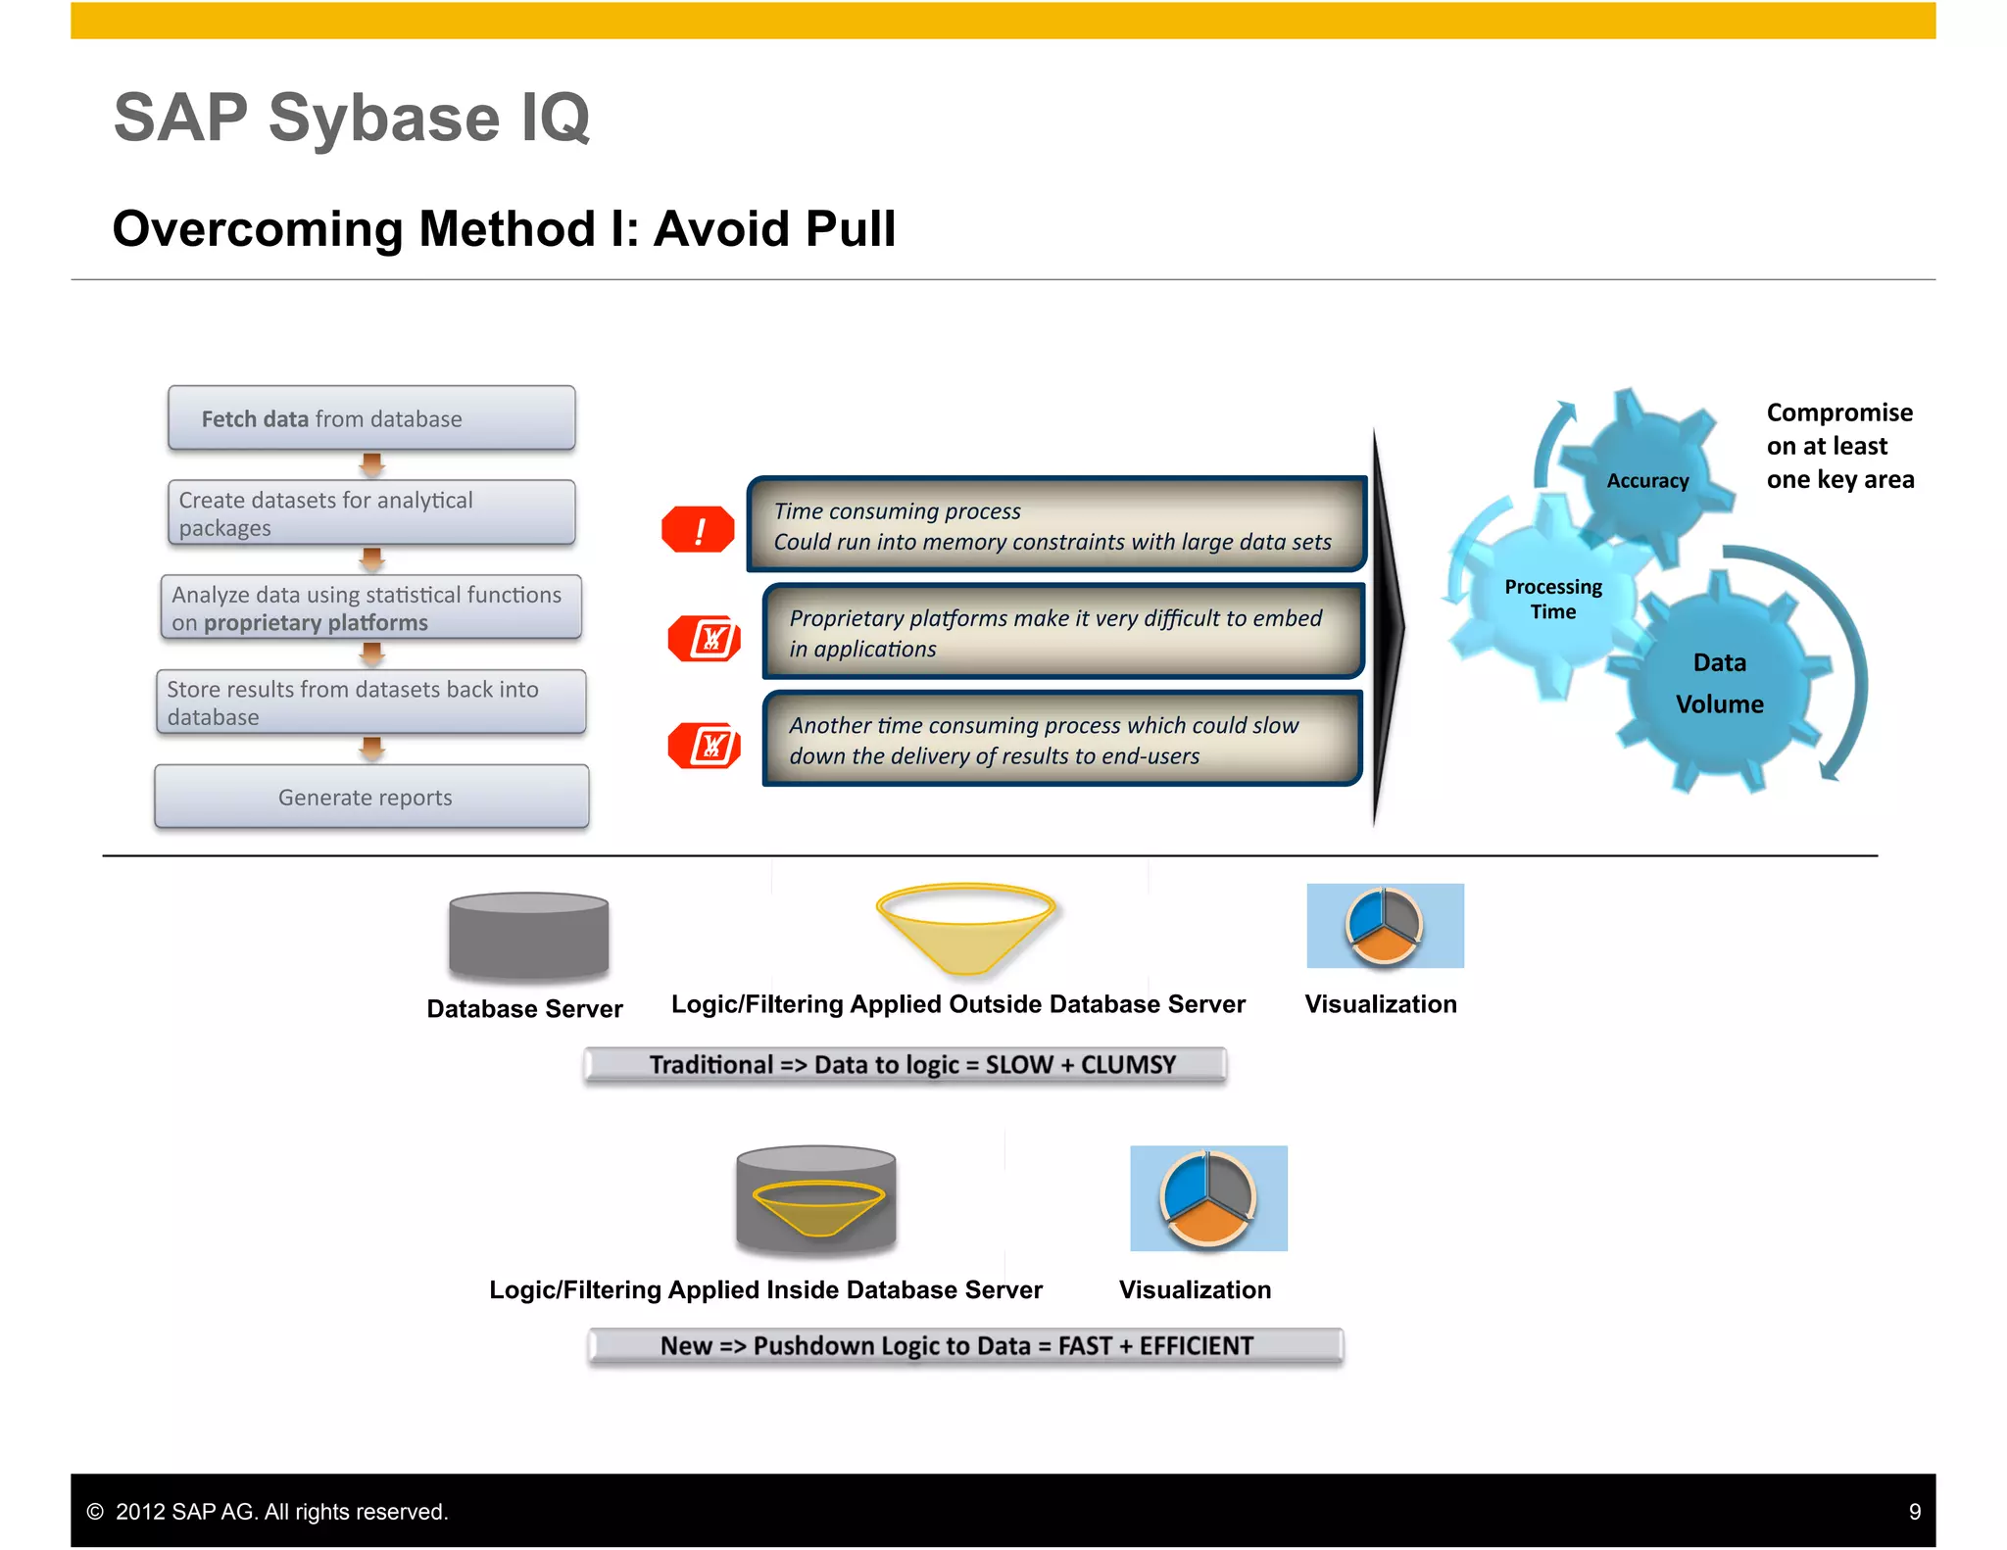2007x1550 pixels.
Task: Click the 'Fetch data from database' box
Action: tap(371, 418)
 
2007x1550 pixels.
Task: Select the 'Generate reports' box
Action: tap(371, 797)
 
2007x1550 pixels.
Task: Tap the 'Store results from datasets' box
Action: tap(371, 702)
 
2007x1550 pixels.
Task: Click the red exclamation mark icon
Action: tap(698, 530)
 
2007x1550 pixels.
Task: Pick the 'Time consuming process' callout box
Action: tap(1056, 525)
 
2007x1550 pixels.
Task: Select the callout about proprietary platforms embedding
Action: tap(1062, 632)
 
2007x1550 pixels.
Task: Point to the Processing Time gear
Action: tap(1552, 599)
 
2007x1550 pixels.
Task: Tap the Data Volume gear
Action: tap(1719, 683)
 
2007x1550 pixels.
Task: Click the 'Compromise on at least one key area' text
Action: tap(1838, 446)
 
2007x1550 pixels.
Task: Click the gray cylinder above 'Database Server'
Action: tap(528, 937)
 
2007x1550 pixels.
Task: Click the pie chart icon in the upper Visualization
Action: tap(1384, 926)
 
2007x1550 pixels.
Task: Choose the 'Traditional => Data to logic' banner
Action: tap(905, 1065)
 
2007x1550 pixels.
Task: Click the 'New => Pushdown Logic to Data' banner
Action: tap(964, 1345)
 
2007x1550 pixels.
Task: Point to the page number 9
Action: tap(1914, 1512)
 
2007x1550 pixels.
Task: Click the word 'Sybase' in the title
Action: tap(384, 119)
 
